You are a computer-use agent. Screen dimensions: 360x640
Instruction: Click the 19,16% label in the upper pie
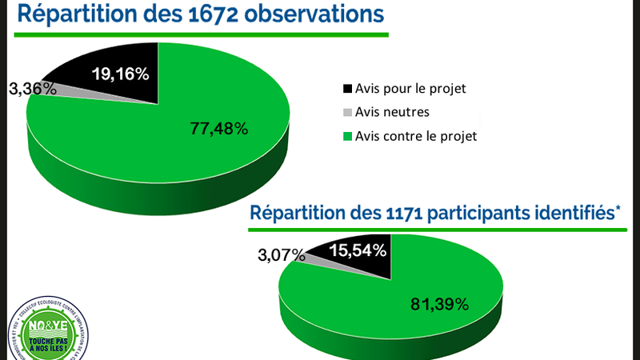tap(120, 75)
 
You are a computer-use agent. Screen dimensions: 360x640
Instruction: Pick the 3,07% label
tap(281, 256)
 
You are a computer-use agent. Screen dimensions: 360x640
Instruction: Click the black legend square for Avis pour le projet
tap(346, 88)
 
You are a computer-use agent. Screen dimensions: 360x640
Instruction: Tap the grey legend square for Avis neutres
tap(346, 112)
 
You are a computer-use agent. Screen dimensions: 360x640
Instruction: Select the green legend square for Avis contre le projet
tap(346, 136)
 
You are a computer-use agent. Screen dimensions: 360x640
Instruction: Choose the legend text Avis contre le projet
tap(416, 136)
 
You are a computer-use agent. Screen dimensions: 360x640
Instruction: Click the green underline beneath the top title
tap(200, 34)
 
